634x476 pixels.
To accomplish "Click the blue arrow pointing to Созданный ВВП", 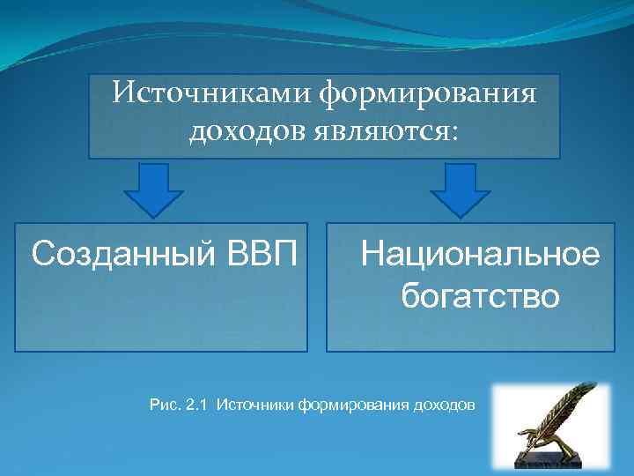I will pyautogui.click(x=153, y=191).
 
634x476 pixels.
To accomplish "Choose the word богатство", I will pyautogui.click(x=481, y=296).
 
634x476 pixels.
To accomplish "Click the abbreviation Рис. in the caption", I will pyautogui.click(x=165, y=405).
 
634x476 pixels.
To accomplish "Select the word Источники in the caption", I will pyautogui.click(x=254, y=405).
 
